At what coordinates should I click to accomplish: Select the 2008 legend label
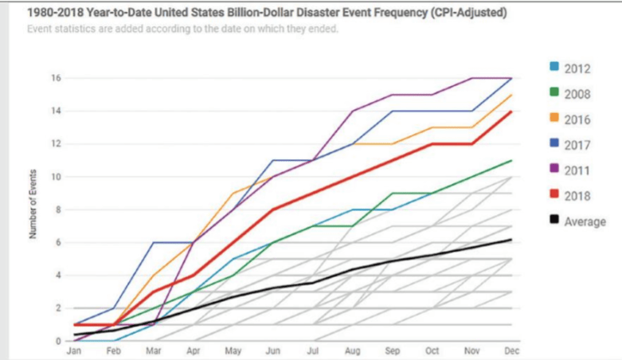click(x=577, y=94)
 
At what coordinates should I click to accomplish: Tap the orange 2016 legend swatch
click(x=554, y=119)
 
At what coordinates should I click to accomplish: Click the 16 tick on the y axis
click(x=57, y=78)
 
